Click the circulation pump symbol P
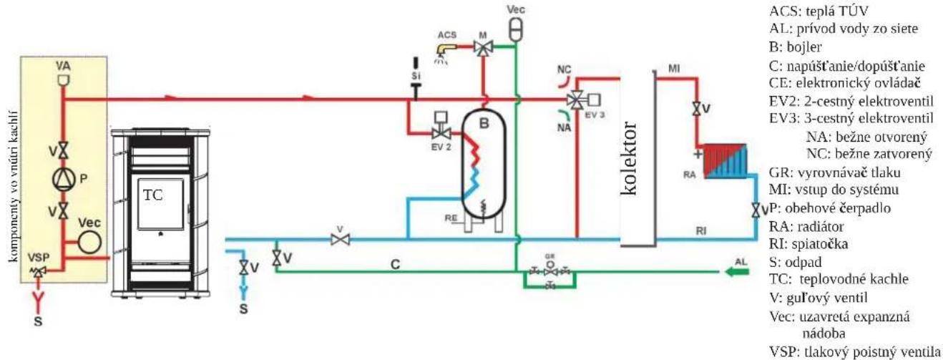tap(64, 178)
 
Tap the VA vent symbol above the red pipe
tap(63, 79)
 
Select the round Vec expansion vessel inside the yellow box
tap(89, 242)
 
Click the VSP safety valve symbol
tap(39, 271)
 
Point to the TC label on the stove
tap(152, 195)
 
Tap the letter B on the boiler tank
tap(484, 123)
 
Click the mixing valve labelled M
tap(483, 47)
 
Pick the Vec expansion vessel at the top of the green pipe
tap(516, 28)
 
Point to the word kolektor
tap(628, 159)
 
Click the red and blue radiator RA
tap(725, 162)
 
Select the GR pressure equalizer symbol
tap(549, 271)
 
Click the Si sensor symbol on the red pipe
tap(416, 79)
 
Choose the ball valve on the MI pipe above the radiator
tap(697, 109)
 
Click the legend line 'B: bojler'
tap(796, 47)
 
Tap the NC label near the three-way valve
tap(564, 69)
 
